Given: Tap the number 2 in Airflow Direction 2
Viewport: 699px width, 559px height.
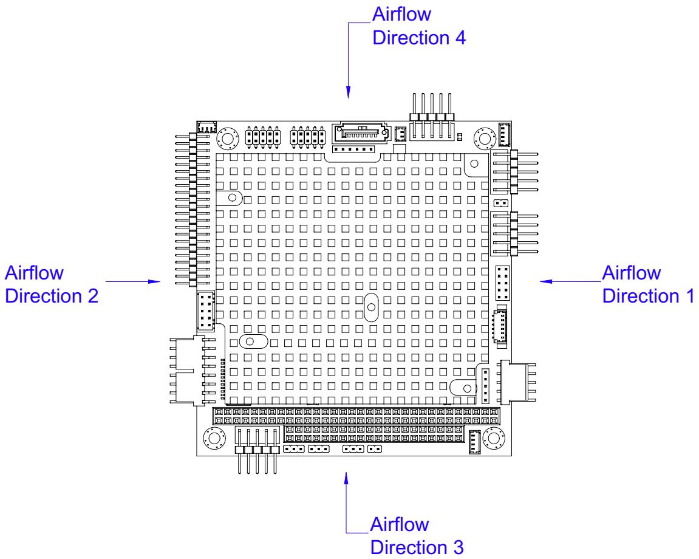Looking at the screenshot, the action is pyautogui.click(x=93, y=296).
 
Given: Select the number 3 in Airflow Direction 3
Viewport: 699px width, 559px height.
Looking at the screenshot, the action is pyautogui.click(x=458, y=547).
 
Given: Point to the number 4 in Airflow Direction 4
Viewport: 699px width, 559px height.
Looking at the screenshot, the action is pyautogui.click(x=460, y=38).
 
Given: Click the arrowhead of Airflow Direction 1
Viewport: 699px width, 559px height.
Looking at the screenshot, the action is pyautogui.click(x=545, y=281).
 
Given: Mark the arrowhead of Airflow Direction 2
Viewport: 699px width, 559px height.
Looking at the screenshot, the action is pyautogui.click(x=154, y=281).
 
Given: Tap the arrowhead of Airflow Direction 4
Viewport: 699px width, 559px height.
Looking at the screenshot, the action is pyautogui.click(x=348, y=92).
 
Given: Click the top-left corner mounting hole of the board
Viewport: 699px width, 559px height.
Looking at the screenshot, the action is pyautogui.click(x=227, y=139).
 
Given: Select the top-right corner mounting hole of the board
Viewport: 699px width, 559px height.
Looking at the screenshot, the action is pyautogui.click(x=485, y=139).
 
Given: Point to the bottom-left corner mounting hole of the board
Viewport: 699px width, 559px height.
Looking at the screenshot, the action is pyautogui.click(x=214, y=437).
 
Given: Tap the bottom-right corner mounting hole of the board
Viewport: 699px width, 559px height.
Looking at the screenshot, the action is pyautogui.click(x=494, y=437).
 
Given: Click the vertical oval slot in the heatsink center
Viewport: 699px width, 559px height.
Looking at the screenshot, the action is pyautogui.click(x=371, y=307).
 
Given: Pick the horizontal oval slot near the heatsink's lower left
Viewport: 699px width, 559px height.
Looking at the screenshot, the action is pyautogui.click(x=254, y=341).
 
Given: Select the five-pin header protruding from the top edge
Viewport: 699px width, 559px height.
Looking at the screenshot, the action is pyautogui.click(x=432, y=117).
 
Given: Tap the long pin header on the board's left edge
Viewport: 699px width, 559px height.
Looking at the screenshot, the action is pyautogui.click(x=193, y=209).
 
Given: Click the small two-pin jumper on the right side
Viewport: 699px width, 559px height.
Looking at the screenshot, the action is pyautogui.click(x=501, y=203).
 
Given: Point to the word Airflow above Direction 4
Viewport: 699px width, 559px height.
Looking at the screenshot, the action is pyautogui.click(x=401, y=14).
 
